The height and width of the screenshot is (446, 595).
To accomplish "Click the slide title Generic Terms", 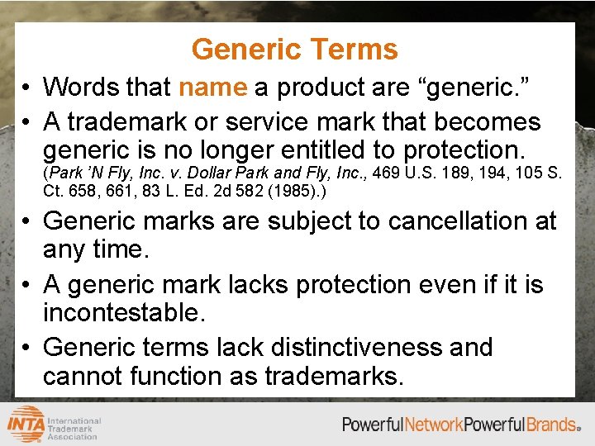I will click(294, 50).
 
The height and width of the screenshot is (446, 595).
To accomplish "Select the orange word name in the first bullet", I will click(212, 87).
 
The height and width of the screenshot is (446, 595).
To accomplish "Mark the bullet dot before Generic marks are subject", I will click(27, 222).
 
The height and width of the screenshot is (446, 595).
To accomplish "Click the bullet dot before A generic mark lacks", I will click(27, 285).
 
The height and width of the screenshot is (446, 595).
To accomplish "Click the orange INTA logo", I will click(26, 424).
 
